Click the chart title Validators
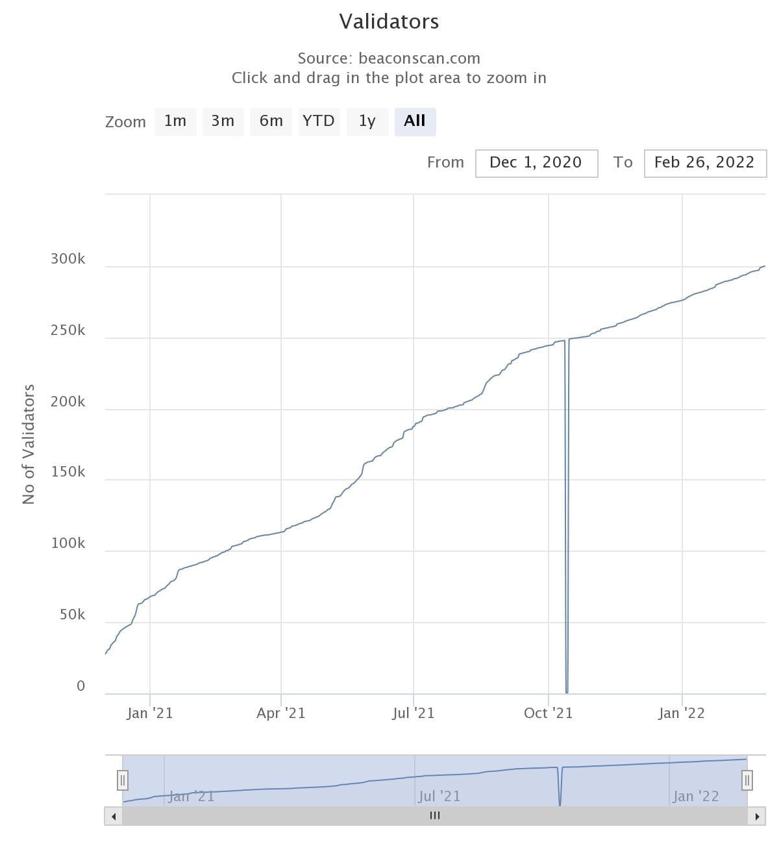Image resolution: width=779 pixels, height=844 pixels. (389, 21)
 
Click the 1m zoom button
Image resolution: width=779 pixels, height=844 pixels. (175, 121)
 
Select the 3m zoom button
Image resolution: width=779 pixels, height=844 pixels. (223, 121)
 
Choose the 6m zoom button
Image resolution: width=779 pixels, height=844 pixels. (271, 121)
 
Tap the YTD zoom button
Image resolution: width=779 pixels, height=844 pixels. (319, 121)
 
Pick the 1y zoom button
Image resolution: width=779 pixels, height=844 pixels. (367, 121)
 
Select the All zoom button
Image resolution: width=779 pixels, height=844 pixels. (415, 121)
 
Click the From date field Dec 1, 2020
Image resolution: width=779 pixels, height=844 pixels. (536, 163)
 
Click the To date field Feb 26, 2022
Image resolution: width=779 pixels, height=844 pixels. (704, 163)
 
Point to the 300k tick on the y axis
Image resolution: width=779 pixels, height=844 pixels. (68, 259)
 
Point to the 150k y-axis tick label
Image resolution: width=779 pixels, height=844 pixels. (68, 472)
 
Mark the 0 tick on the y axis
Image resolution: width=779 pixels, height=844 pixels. (80, 686)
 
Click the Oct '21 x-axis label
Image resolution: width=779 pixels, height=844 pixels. (548, 714)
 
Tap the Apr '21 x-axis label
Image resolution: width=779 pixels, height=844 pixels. (280, 714)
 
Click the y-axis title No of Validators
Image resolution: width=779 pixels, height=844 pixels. (29, 444)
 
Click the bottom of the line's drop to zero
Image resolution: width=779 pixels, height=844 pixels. (567, 691)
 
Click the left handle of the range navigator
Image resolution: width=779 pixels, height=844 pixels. (123, 780)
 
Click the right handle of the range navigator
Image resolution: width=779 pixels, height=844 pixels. (747, 780)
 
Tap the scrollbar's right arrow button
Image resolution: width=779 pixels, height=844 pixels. (757, 816)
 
